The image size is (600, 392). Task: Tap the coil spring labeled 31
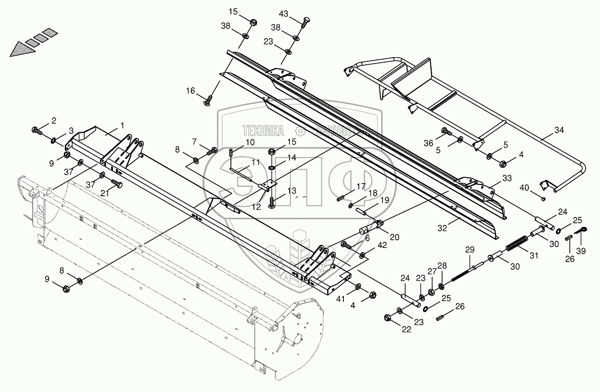coord(517,243)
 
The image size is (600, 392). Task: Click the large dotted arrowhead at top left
coord(22,48)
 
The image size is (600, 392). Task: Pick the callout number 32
coord(442,228)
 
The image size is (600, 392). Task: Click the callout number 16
coord(191,91)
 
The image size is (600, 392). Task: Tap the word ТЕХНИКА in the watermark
coord(263,131)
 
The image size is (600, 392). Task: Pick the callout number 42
coord(382,245)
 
